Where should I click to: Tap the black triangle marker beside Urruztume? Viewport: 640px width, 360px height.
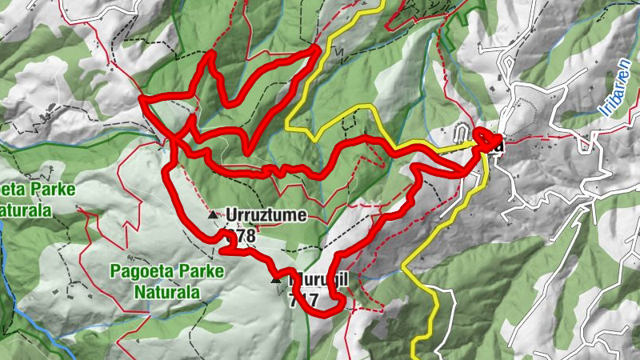pyautogui.click(x=212, y=215)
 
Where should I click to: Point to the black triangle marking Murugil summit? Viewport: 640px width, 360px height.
pyautogui.click(x=277, y=281)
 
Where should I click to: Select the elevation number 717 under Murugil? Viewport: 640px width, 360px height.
pyautogui.click(x=304, y=302)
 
